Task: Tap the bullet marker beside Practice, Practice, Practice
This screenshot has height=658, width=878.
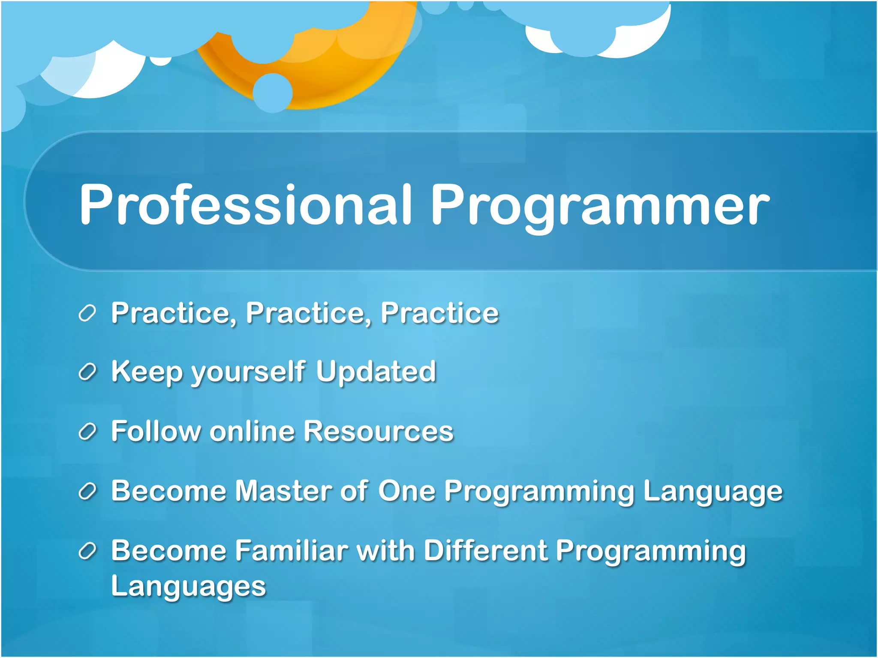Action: [x=87, y=314]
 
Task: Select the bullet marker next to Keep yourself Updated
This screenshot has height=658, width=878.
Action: [x=87, y=372]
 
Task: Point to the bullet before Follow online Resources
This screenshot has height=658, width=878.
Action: [x=87, y=432]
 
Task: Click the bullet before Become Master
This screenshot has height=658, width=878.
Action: [x=87, y=491]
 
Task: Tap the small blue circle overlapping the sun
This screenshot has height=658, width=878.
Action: [x=273, y=93]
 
